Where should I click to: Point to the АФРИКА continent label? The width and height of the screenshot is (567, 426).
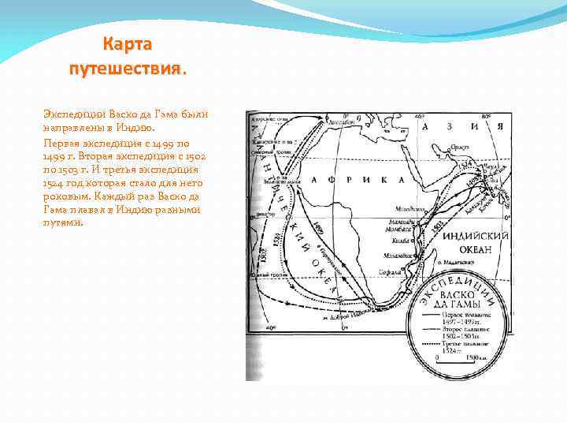click(342, 181)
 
